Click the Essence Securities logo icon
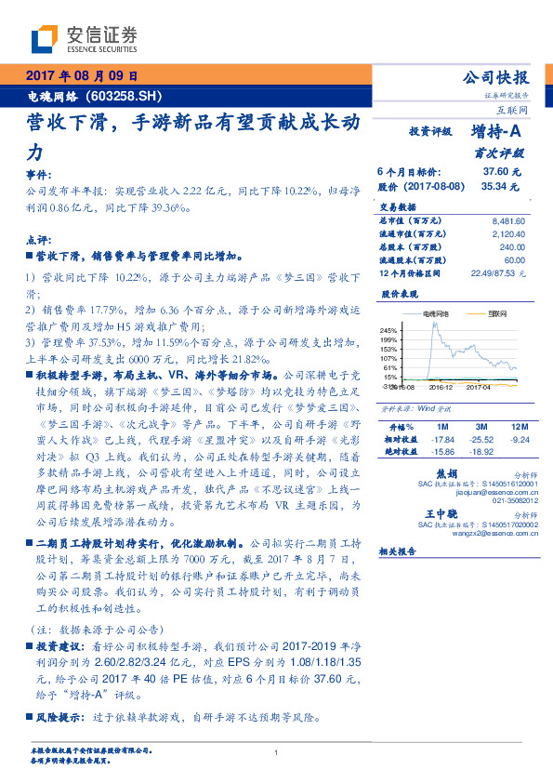tap(46, 37)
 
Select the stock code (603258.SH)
tap(123, 95)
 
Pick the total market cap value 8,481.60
tap(507, 220)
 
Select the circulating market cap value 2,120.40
tap(507, 233)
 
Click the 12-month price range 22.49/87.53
tap(495, 272)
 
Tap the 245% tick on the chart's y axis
tap(388, 330)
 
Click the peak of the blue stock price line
tap(435, 325)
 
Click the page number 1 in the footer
tap(276, 753)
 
